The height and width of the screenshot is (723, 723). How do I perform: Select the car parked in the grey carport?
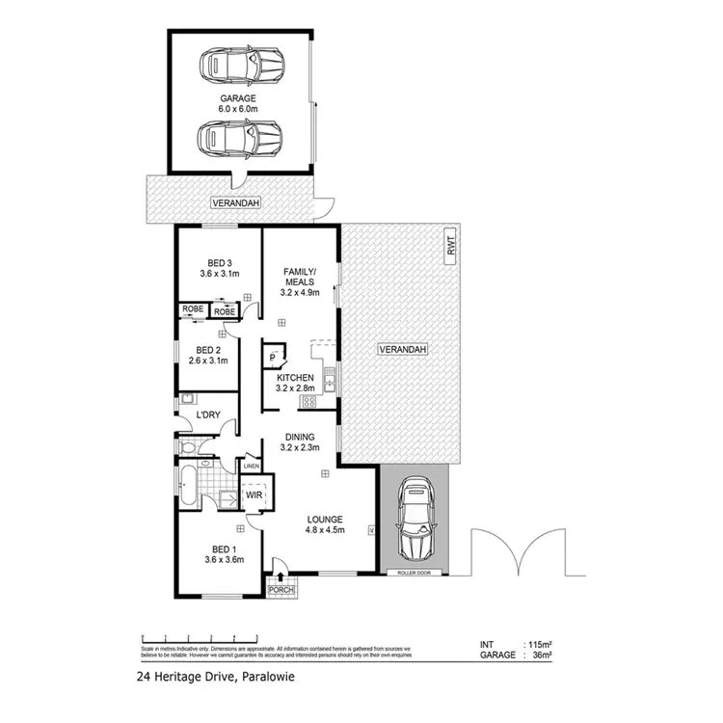pyautogui.click(x=416, y=520)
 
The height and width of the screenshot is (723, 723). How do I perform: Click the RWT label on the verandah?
pyautogui.click(x=449, y=246)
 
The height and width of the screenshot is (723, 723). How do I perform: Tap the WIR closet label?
pyautogui.click(x=255, y=495)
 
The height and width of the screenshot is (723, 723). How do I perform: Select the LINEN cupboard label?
pyautogui.click(x=252, y=467)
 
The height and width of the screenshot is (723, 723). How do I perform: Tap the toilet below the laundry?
pyautogui.click(x=190, y=447)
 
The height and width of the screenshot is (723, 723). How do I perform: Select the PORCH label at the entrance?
pyautogui.click(x=281, y=589)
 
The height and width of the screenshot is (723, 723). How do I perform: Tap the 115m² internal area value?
pyautogui.click(x=538, y=644)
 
